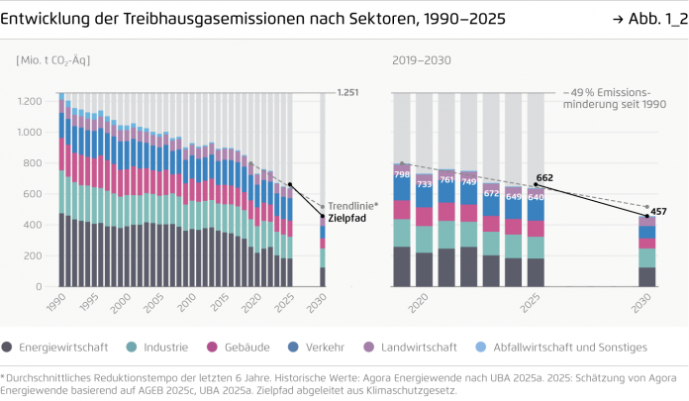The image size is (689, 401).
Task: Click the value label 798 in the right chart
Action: pos(402,175)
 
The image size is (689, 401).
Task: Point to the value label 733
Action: pos(425,184)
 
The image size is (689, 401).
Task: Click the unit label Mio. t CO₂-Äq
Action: pos(53,60)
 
